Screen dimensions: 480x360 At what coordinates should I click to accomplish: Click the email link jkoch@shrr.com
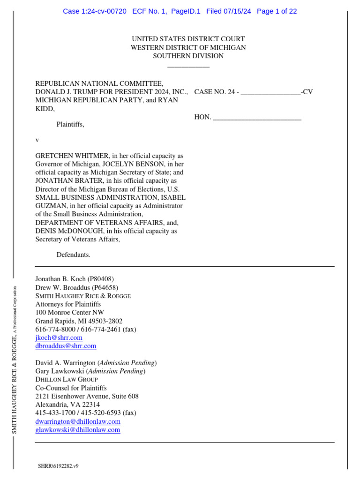coord(59,337)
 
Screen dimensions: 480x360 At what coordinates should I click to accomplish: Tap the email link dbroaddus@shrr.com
coord(66,346)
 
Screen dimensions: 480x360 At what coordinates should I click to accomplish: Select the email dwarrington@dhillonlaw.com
coord(78,421)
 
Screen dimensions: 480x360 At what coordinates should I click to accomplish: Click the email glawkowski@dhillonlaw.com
coord(78,429)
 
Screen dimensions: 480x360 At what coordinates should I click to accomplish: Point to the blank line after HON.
coord(257,117)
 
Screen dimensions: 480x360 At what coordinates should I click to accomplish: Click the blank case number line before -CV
coord(270,92)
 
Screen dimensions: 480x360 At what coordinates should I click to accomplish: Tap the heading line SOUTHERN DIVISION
coord(188,56)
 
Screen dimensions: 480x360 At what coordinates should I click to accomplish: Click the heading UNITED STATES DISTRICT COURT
coord(188,39)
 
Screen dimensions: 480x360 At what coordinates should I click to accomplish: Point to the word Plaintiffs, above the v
coord(70,125)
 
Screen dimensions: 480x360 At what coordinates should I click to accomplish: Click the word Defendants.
coord(73,255)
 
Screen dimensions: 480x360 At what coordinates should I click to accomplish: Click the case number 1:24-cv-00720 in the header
coord(103,11)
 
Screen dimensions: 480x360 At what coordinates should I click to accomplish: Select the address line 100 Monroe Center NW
coord(70,313)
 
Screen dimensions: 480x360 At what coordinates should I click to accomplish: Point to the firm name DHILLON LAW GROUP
coord(67,379)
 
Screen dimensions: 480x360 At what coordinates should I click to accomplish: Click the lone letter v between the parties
coord(37,140)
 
